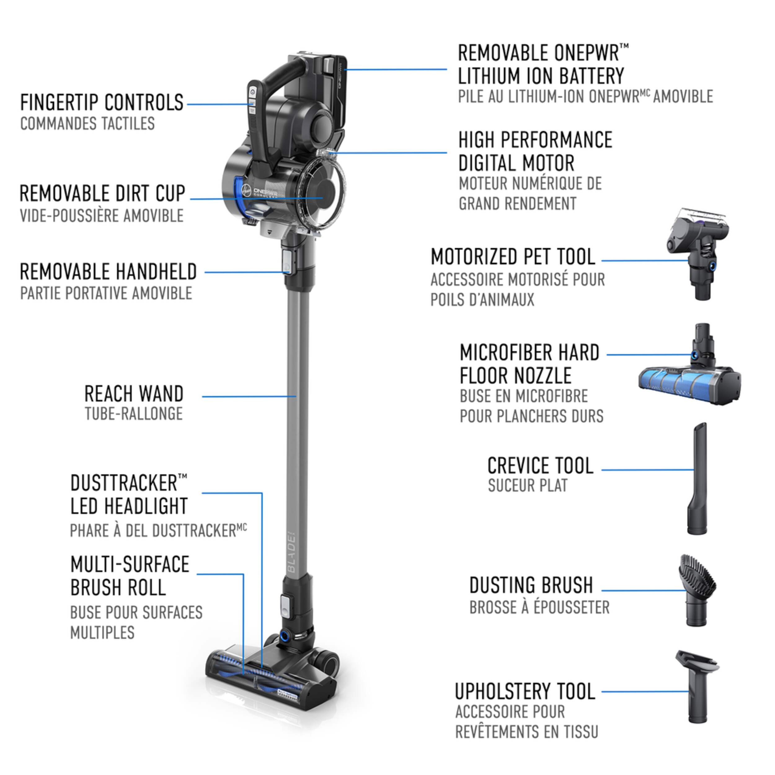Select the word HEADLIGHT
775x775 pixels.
click(x=146, y=506)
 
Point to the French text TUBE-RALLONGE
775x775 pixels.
click(x=134, y=414)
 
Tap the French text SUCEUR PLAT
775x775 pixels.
click(x=528, y=486)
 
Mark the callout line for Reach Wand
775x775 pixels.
click(x=249, y=396)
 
